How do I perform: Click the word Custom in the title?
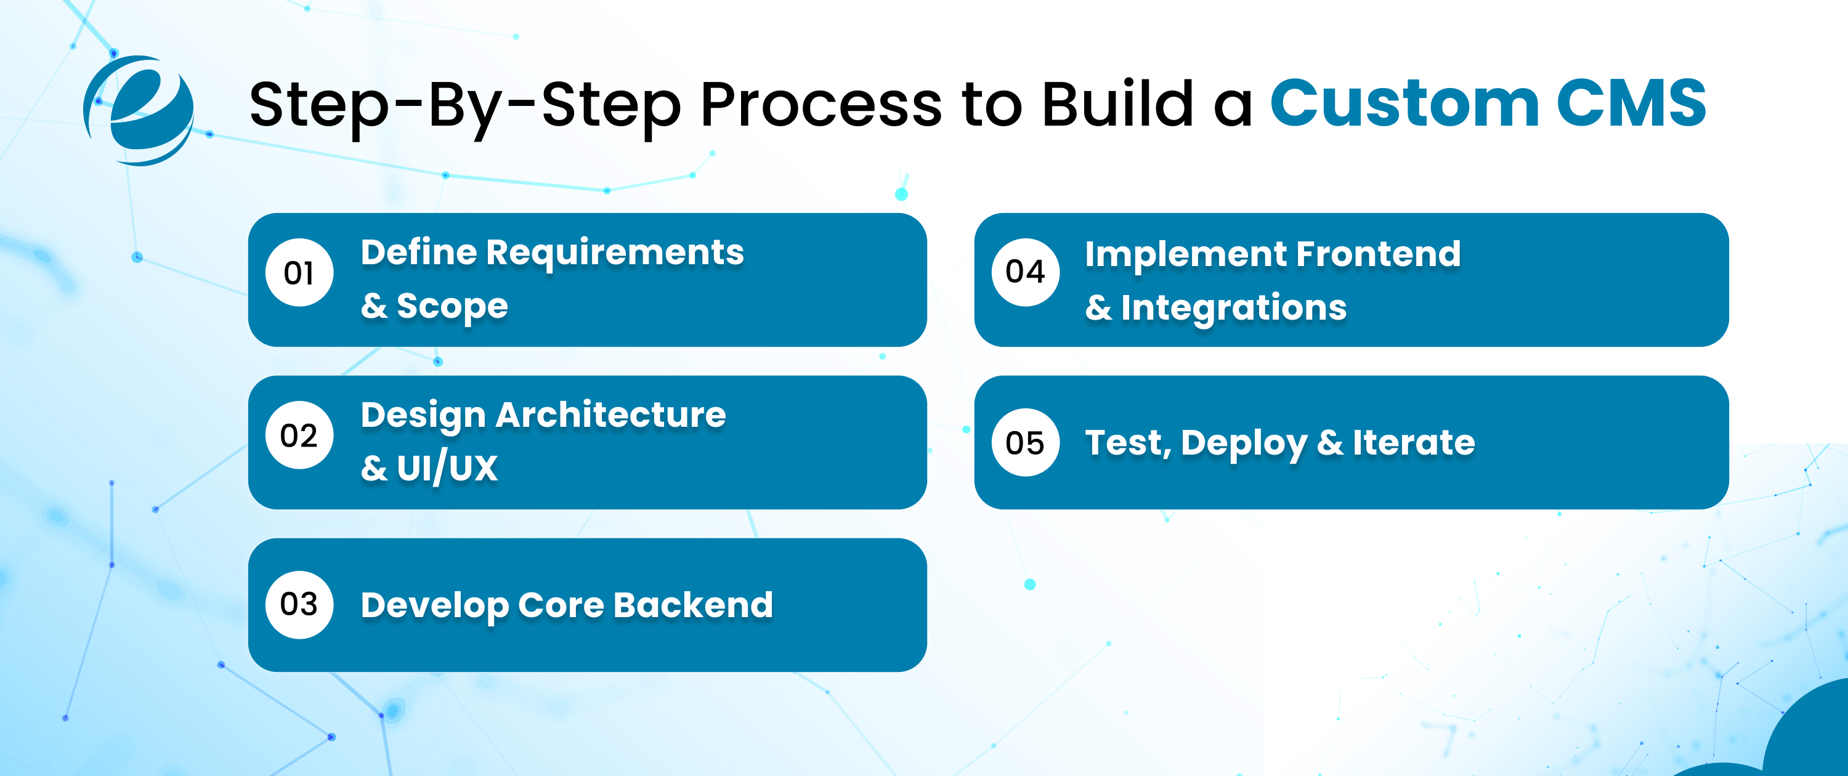(x=1404, y=104)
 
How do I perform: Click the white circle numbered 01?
(x=299, y=273)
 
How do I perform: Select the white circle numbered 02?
(x=299, y=435)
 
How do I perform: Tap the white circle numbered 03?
(x=299, y=605)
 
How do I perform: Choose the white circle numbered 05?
(x=1025, y=443)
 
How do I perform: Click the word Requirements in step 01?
(x=615, y=253)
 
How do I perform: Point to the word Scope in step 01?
(x=452, y=306)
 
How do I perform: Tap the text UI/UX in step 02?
(x=447, y=467)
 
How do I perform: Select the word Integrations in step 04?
(x=1233, y=308)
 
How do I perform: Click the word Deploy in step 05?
(x=1243, y=443)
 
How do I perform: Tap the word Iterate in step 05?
(x=1413, y=443)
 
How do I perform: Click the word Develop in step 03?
(x=435, y=605)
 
